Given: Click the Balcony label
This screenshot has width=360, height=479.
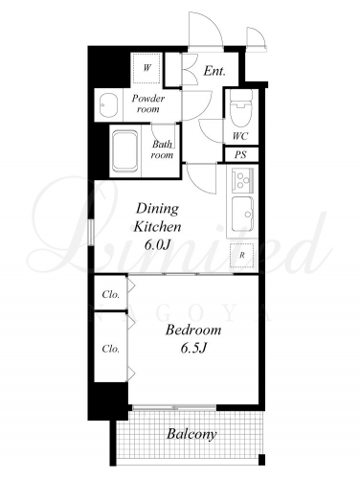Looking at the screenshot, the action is click(191, 435).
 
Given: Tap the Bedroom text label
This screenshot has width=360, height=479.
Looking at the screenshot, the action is click(193, 330).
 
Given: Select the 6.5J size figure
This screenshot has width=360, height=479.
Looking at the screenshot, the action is click(194, 348).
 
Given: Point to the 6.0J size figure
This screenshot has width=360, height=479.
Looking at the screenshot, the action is click(158, 245).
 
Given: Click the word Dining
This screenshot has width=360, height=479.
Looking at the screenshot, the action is click(158, 209).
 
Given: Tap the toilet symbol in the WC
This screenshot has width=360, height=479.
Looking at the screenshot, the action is click(241, 107).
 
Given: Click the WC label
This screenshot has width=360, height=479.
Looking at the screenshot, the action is click(240, 136).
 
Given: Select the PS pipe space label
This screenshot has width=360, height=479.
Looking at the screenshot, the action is click(240, 155).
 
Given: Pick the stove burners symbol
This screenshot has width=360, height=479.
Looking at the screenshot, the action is click(242, 180).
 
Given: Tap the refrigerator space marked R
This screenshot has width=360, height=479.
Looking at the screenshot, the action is click(242, 255).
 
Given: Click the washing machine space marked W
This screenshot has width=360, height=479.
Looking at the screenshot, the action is click(146, 68).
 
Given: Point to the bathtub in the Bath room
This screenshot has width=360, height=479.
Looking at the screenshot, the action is click(125, 150).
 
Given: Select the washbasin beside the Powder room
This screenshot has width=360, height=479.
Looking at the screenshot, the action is click(108, 105).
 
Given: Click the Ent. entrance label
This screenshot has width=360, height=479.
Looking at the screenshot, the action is click(214, 71).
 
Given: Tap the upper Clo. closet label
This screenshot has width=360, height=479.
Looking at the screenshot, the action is click(111, 294).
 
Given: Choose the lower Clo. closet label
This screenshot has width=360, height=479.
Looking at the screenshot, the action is click(111, 349).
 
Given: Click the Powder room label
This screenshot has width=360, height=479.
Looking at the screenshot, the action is click(148, 103).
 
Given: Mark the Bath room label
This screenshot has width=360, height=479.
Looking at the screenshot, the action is click(162, 149).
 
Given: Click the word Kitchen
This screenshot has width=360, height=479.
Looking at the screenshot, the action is click(157, 227).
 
